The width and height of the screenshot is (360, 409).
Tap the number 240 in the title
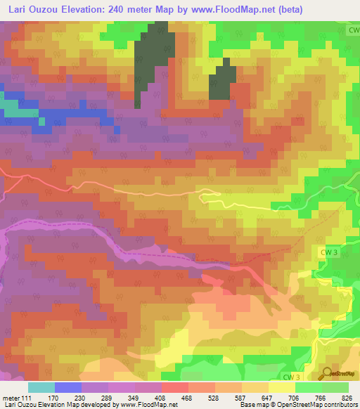pyautogui.click(x=127, y=8)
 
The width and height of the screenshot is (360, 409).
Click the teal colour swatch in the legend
pyautogui.click(x=41, y=387)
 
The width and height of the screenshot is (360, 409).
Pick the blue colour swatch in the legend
pyautogui.click(x=68, y=387)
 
